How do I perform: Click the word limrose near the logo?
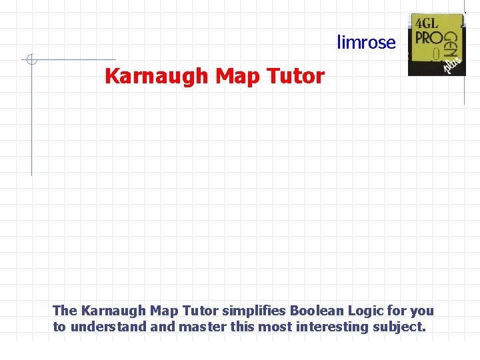pos(366,43)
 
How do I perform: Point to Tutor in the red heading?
pos(295,77)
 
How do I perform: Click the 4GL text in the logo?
pos(427,23)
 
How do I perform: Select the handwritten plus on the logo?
pos(455,63)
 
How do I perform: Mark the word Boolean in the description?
pos(315,311)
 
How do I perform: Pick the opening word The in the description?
pos(65,311)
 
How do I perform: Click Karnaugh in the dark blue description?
pos(109,311)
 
